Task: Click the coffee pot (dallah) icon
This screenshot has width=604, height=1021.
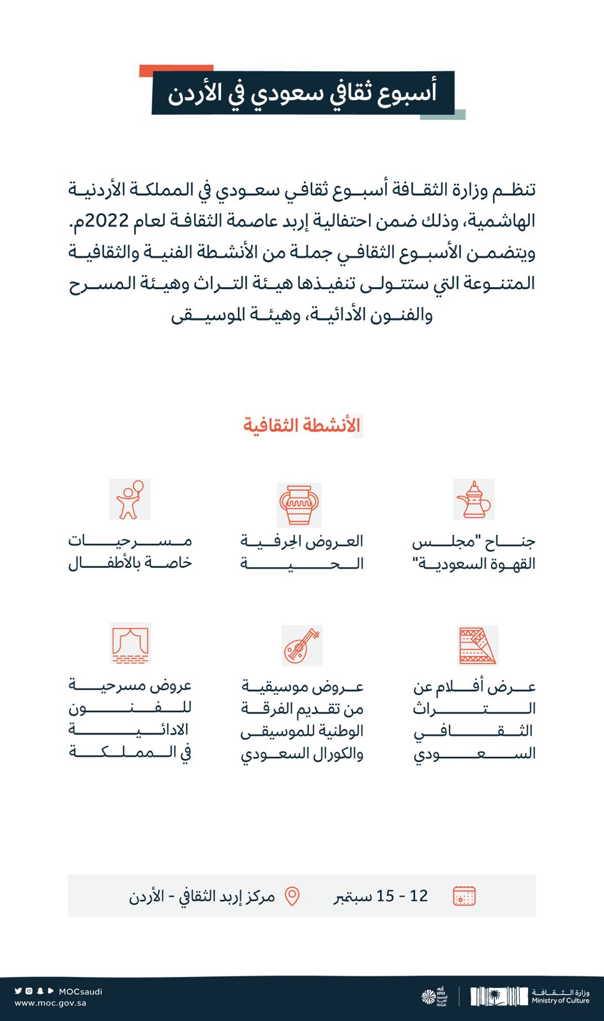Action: pos(474,500)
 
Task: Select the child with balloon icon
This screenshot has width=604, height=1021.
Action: pos(130,500)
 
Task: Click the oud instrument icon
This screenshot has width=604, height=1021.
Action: pos(301,645)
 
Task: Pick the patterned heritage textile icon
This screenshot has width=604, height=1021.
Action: pos(478,645)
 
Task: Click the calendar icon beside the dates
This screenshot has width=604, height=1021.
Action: pos(464,896)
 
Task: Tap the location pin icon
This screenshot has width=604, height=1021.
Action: pos(292,896)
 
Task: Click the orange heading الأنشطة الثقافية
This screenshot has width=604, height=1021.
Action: pos(302,425)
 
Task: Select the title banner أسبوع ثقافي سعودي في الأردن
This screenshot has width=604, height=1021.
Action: pos(303,93)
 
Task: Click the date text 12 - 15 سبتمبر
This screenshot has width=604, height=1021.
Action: pos(381,896)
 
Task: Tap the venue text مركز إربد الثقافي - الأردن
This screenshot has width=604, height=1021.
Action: pos(202,896)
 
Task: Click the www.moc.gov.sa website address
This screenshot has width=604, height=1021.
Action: pos(50,1002)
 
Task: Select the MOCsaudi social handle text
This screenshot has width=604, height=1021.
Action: pos(80,992)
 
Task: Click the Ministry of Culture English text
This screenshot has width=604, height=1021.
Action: pos(561,1001)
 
